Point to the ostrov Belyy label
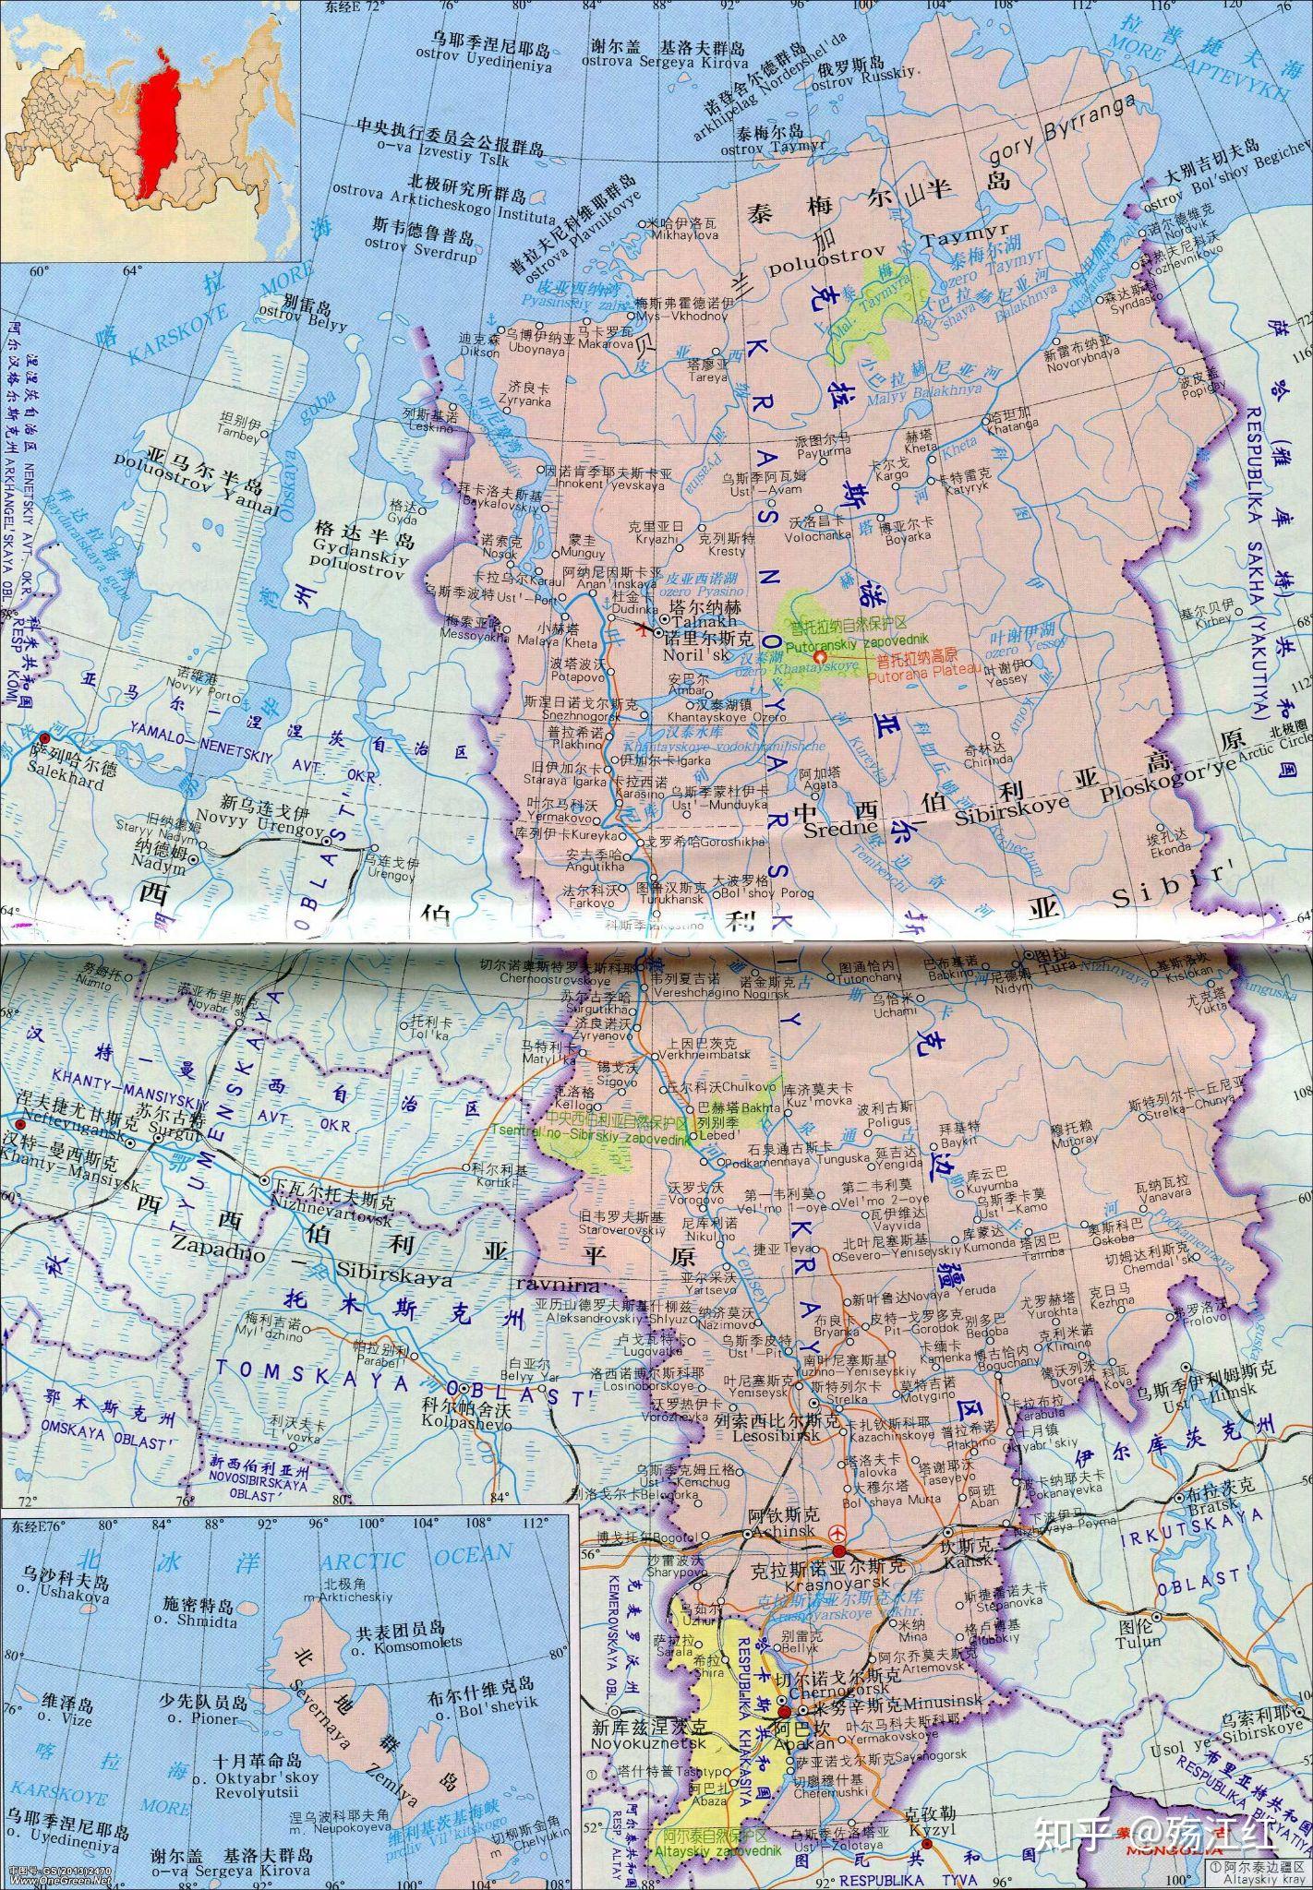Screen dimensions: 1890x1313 click(317, 324)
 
